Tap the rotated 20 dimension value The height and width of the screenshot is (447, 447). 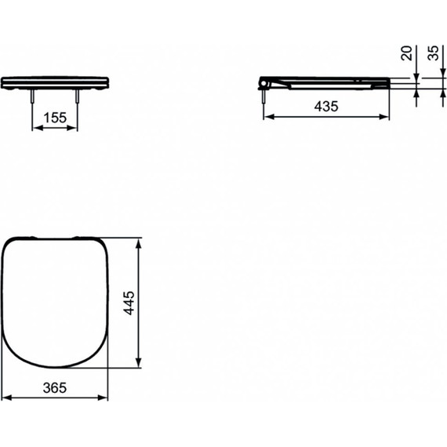coord(406,53)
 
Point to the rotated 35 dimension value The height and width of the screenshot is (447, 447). coord(433,53)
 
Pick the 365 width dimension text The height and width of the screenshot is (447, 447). coord(55,387)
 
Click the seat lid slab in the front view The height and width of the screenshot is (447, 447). coord(55,81)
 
